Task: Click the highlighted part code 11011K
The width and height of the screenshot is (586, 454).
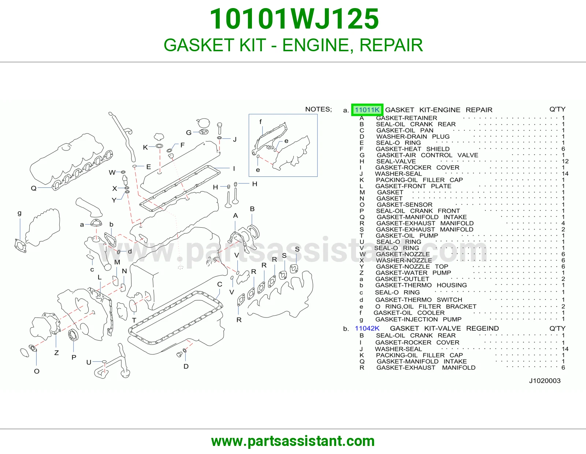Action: tap(367, 110)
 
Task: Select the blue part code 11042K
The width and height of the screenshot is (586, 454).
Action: tap(367, 328)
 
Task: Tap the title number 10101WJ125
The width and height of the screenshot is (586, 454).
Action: tap(294, 19)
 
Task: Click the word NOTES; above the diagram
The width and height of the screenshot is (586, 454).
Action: tap(319, 109)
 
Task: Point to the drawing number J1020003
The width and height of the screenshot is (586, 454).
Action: tap(545, 381)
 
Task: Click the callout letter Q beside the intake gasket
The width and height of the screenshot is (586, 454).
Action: tap(34, 188)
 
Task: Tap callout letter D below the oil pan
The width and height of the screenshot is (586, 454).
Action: tap(186, 366)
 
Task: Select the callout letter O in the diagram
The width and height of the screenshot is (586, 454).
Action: tap(37, 371)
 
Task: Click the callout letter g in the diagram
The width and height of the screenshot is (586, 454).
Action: tap(19, 213)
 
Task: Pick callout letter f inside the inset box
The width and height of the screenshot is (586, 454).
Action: tap(260, 122)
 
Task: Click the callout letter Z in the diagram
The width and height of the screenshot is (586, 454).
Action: tap(56, 353)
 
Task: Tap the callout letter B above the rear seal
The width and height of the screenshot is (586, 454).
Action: tap(252, 209)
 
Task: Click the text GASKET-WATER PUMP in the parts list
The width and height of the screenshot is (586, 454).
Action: tap(413, 273)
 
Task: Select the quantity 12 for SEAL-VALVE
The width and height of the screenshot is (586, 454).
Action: tap(565, 161)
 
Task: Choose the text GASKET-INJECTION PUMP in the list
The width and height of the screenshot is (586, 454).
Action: tap(418, 320)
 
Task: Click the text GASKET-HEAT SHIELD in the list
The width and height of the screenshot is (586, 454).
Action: tap(413, 149)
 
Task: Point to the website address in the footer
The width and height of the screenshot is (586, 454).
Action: tap(293, 441)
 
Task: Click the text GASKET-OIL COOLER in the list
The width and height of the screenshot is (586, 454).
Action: tap(409, 313)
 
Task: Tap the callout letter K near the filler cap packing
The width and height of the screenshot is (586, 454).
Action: tap(145, 148)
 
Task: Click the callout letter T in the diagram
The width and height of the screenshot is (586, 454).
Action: tap(134, 320)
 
